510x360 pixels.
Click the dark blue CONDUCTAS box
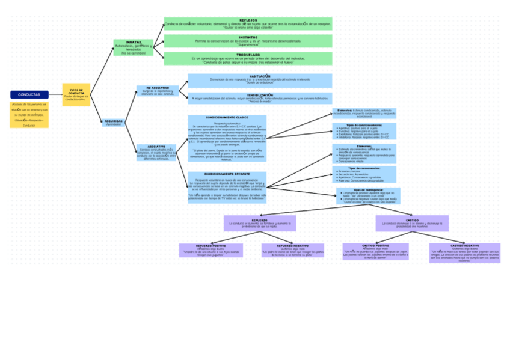tap(29, 95)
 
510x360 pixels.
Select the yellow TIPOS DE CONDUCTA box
tap(76, 94)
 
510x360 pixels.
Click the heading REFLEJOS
tap(248, 20)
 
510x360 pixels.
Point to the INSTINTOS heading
tap(248, 37)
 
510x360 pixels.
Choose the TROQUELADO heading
tap(248, 55)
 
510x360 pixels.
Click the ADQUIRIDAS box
tap(114, 122)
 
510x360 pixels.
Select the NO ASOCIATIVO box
tap(156, 91)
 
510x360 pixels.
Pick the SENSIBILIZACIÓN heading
tap(260, 95)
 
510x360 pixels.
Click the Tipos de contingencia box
tap(368, 196)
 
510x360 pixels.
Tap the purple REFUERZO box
tap(260, 223)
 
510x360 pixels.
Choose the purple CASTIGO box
tap(412, 223)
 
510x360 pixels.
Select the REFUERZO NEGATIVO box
tap(292, 250)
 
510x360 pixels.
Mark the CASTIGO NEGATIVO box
tap(465, 252)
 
